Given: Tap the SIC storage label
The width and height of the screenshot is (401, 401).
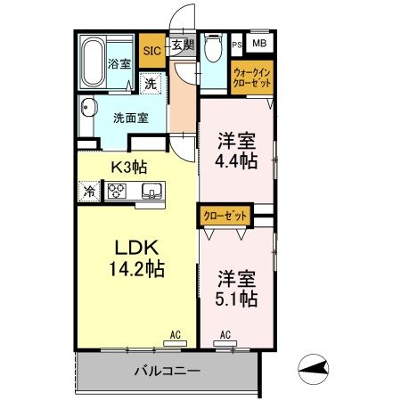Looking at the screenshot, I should click(x=151, y=51).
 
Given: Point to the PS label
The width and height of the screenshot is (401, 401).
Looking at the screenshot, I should click(x=237, y=44).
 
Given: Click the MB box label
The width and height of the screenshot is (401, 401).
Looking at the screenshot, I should click(x=258, y=43).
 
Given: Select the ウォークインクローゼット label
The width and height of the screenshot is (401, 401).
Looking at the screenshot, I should click(x=252, y=77).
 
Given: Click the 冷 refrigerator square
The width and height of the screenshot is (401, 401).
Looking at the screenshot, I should click(x=90, y=190).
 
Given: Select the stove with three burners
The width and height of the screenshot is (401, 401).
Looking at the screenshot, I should click(x=119, y=190).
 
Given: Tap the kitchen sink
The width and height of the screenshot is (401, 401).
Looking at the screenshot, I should click(x=151, y=190).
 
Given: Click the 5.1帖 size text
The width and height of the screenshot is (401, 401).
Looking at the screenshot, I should click(x=236, y=299).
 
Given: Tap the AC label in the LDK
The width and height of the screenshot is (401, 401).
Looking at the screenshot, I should click(x=176, y=334).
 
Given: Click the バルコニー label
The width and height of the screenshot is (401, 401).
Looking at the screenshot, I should click(x=168, y=370).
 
